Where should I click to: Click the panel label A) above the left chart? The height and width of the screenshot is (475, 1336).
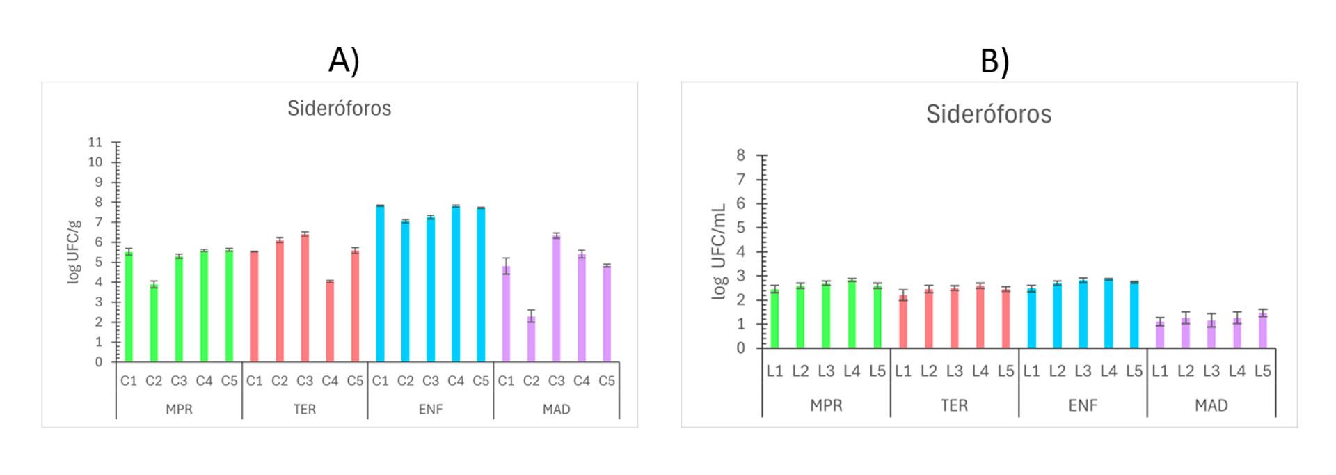pos(344,60)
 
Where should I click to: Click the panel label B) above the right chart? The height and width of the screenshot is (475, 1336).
pos(994,61)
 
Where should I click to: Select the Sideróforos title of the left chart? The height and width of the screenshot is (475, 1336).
pos(339,109)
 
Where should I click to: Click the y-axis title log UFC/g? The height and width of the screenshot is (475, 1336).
pos(74,251)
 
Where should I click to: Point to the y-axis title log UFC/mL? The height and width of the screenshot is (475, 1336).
pos(719,251)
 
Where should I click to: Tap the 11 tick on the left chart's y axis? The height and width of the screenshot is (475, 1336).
pos(95,142)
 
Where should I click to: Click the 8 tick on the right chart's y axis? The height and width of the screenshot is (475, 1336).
pos(740,155)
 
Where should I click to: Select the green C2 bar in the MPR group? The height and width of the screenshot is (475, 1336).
pos(154,323)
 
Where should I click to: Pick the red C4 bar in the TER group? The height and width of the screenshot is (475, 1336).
pos(330,322)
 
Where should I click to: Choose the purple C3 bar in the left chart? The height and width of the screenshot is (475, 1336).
pos(556,299)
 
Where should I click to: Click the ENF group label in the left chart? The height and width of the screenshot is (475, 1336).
pos(430,410)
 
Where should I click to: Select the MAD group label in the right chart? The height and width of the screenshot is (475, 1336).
pos(1211,405)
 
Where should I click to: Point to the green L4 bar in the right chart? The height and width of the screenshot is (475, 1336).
pos(852,314)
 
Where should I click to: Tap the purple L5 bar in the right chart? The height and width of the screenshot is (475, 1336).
pos(1262,331)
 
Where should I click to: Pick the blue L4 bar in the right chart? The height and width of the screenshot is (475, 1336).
pos(1108,314)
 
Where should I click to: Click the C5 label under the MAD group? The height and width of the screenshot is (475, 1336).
pos(607,381)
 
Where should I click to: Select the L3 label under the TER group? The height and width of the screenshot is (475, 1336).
pos(954,371)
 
